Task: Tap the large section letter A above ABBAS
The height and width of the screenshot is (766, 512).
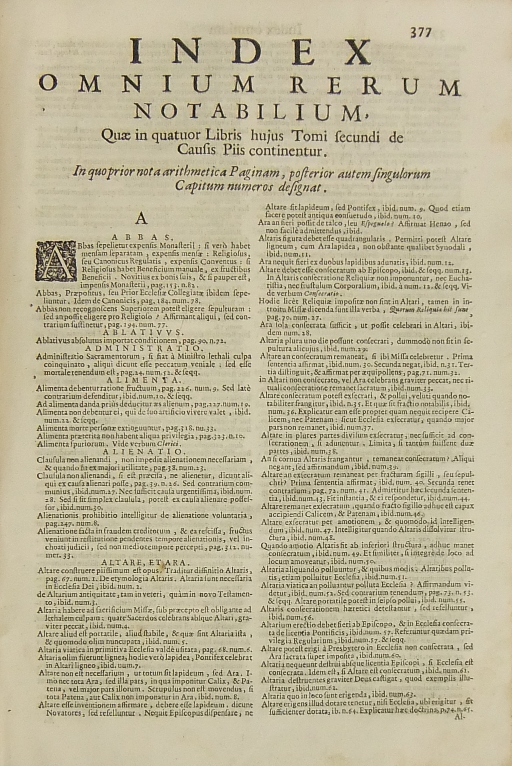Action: tap(142, 219)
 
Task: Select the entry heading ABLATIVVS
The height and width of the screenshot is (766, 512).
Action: tap(143, 332)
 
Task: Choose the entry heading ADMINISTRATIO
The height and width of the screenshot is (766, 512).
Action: tap(143, 348)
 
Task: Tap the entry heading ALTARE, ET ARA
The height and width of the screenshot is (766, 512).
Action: tap(146, 562)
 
